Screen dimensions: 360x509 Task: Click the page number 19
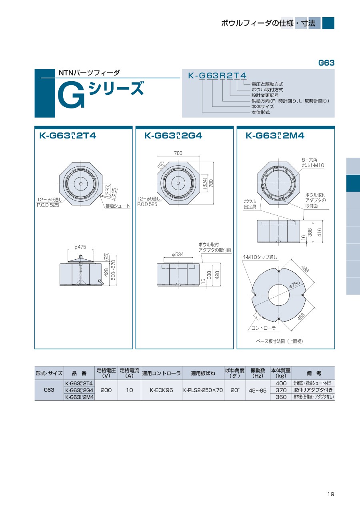pos(331,494)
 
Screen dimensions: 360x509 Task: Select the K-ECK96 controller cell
pos(161,390)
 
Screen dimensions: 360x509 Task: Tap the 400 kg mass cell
pos(281,383)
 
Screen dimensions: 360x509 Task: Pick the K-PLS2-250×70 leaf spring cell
pos(203,390)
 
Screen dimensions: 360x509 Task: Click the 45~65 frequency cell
pos(258,391)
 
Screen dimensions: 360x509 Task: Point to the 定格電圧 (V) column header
pos(106,373)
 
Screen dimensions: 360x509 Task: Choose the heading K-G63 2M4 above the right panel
pos(275,136)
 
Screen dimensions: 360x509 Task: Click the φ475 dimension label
pos(80,247)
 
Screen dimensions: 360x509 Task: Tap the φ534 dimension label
pos(178,254)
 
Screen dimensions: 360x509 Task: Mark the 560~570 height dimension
pos(113,270)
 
